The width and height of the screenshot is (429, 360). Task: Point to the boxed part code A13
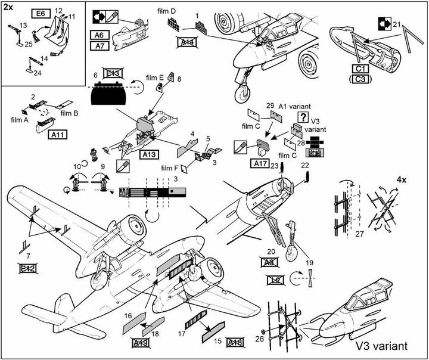pyautogui.click(x=149, y=154)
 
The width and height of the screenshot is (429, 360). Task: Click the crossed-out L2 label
pyautogui.click(x=274, y=278)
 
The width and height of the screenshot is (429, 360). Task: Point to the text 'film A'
pyautogui.click(x=20, y=119)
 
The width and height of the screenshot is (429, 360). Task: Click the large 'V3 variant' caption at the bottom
pyautogui.click(x=381, y=346)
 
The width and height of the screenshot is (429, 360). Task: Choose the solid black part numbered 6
pyautogui.click(x=108, y=95)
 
